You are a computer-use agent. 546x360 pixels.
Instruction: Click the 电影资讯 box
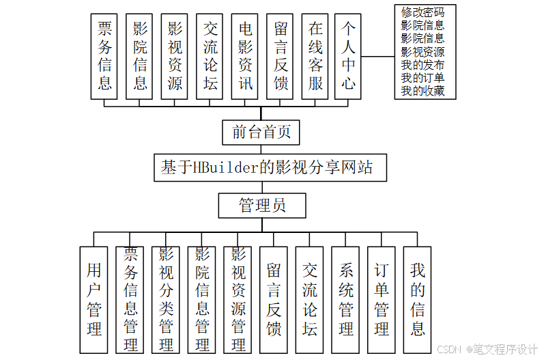[246, 56]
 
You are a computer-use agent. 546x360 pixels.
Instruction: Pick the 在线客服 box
[315, 56]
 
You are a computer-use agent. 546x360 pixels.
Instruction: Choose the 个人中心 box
[349, 56]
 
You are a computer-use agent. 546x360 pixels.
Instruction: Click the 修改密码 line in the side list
[423, 12]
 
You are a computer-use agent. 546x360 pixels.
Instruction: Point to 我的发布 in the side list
[423, 65]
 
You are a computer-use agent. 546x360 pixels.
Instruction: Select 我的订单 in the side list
[423, 78]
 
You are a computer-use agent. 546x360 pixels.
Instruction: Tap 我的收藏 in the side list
[423, 91]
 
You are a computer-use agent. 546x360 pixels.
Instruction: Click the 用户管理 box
[94, 299]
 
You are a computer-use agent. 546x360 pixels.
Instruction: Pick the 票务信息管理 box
[130, 299]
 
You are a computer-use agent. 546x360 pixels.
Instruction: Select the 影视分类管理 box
[166, 299]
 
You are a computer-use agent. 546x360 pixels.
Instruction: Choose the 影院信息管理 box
[202, 299]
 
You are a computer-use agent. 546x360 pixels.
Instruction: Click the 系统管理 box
[346, 299]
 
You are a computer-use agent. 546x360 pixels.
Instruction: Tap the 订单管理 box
[382, 299]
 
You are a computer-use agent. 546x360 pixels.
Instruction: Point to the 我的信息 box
[417, 299]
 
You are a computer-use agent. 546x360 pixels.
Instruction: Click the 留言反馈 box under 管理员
[274, 299]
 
